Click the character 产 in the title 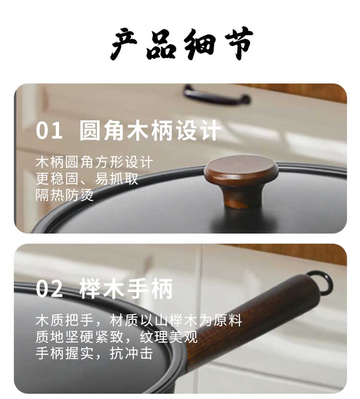(x=124, y=44)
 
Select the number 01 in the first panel (x=49, y=130)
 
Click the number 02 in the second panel (x=49, y=289)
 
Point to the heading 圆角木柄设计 (x=150, y=130)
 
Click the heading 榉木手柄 (x=126, y=289)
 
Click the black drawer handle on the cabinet (x=216, y=95)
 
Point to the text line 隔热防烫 (x=65, y=195)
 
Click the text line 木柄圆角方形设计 (x=94, y=163)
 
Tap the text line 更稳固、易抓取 (x=87, y=179)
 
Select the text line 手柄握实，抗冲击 (x=94, y=353)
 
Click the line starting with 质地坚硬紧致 (x=117, y=337)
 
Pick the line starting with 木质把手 (x=139, y=320)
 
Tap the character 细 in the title (x=199, y=44)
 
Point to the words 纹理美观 (x=168, y=337)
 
